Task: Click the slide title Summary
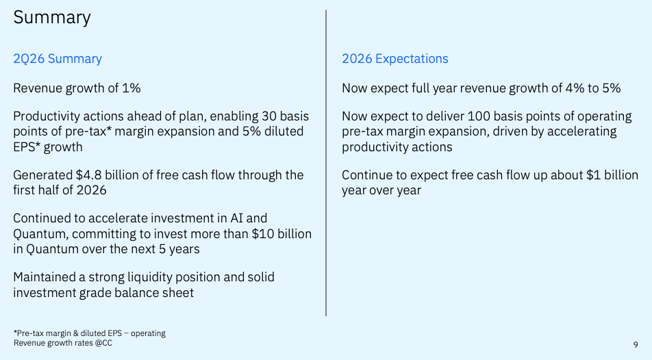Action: coord(52,18)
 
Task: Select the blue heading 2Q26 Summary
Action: coord(58,59)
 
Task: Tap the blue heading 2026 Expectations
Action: coord(395,59)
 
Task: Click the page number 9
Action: coord(636,344)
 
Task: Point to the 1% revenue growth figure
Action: coord(131,88)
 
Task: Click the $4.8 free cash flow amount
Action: coord(88,175)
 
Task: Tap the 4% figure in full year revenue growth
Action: coord(575,88)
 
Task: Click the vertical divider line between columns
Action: coord(326,163)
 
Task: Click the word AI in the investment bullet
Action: coord(236,218)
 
